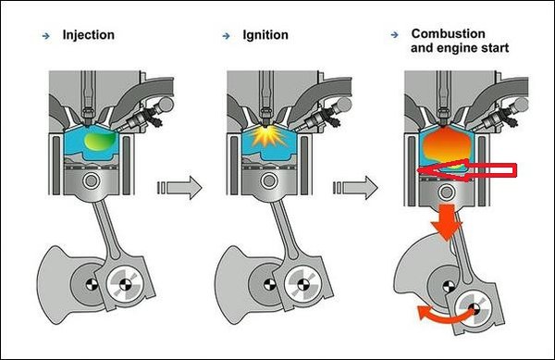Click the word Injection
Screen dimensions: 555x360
click(x=89, y=35)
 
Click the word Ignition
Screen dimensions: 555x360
click(x=265, y=35)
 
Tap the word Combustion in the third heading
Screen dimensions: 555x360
click(x=448, y=33)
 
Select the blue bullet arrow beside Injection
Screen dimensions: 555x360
click(x=46, y=36)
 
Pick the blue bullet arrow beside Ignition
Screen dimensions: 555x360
click(x=227, y=36)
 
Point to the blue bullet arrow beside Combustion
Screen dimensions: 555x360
click(x=394, y=34)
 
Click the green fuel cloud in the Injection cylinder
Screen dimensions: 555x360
click(x=100, y=141)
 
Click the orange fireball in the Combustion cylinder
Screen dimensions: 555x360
click(x=448, y=145)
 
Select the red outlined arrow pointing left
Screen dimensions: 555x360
click(x=467, y=170)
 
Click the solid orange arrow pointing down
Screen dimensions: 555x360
click(x=447, y=221)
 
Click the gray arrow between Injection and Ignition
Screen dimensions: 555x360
click(x=179, y=187)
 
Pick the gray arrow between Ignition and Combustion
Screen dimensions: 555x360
click(x=356, y=187)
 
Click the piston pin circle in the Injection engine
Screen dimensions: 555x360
click(x=92, y=181)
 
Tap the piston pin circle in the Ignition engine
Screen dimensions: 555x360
click(x=269, y=181)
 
